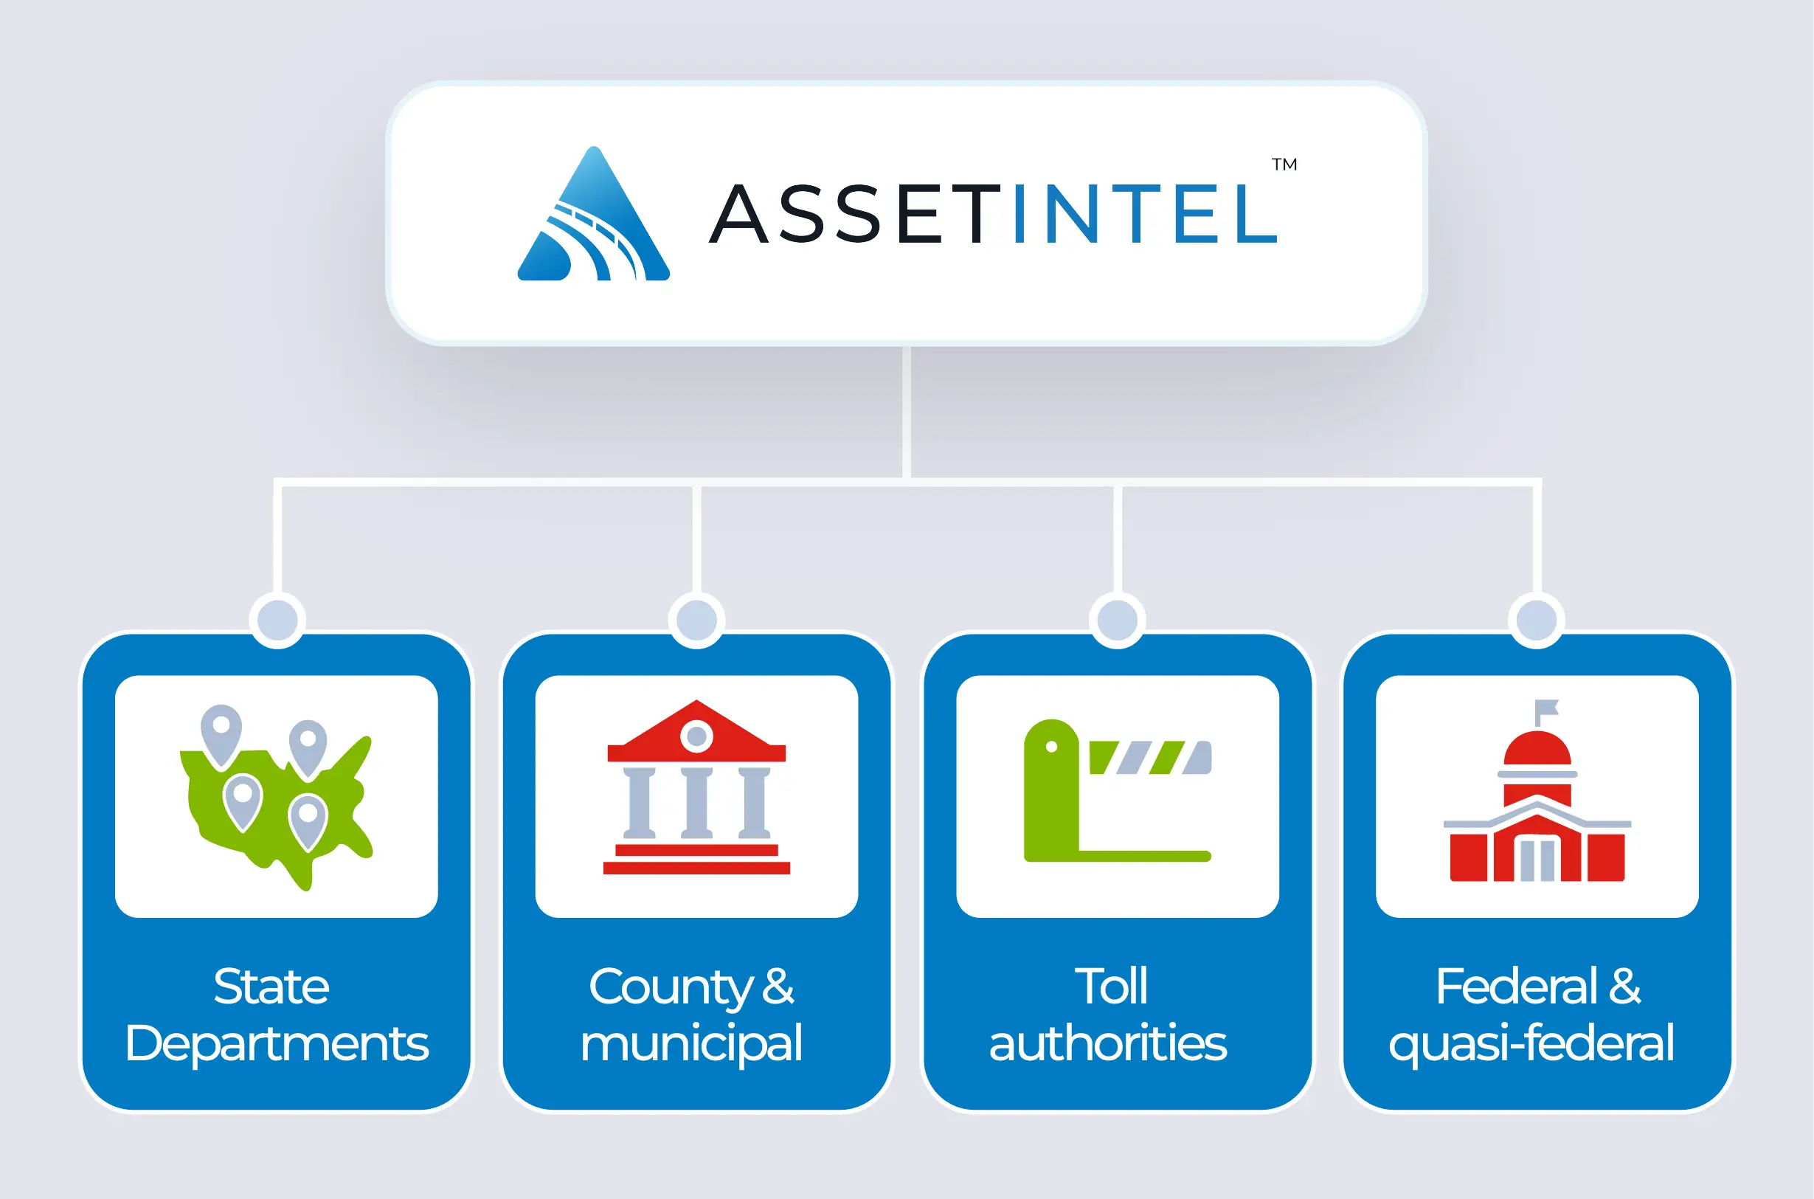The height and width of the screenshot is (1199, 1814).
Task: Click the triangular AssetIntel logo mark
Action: [594, 218]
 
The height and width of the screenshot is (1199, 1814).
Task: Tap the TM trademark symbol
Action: [1284, 165]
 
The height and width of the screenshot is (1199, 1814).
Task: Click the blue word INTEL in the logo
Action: [1144, 213]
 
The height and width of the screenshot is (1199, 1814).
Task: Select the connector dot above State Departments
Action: [277, 619]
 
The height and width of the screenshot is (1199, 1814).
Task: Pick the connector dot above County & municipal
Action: [696, 619]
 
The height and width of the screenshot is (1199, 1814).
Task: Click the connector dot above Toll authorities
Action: [1117, 619]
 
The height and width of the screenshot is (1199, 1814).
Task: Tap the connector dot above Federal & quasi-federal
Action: [1537, 619]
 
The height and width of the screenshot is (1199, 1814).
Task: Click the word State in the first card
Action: [271, 987]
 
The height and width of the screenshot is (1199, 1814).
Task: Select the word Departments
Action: [277, 1044]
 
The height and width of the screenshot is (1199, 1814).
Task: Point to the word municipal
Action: [692, 1044]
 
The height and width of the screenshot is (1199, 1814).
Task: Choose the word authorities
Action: [1108, 1044]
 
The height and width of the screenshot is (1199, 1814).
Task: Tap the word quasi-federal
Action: [1531, 1044]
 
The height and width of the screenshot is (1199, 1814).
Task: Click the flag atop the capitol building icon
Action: [1545, 709]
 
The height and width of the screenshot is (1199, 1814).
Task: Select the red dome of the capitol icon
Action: [1537, 750]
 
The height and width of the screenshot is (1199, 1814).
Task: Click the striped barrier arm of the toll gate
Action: [1150, 757]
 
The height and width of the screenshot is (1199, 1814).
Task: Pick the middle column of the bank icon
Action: [696, 803]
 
